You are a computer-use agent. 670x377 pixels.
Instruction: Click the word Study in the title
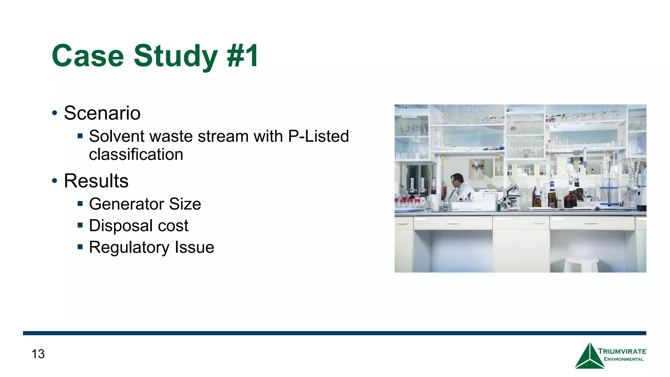pos(176,56)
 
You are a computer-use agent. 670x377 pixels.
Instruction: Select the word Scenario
pos(102,113)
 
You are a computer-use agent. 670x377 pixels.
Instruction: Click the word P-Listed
pos(318,136)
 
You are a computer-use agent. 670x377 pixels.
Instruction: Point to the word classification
pos(136,154)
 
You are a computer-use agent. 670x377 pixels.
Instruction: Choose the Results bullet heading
pos(96,181)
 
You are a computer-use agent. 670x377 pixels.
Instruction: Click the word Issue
pos(194,247)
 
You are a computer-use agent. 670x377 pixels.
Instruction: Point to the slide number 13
pos(38,354)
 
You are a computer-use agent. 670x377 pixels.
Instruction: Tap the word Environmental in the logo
pos(624,359)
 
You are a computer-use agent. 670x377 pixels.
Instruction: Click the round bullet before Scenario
pos(55,114)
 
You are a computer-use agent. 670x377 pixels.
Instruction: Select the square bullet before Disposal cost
pos(80,225)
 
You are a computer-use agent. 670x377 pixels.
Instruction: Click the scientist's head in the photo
pos(457,179)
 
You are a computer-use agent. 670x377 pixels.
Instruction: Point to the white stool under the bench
pos(581,264)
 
